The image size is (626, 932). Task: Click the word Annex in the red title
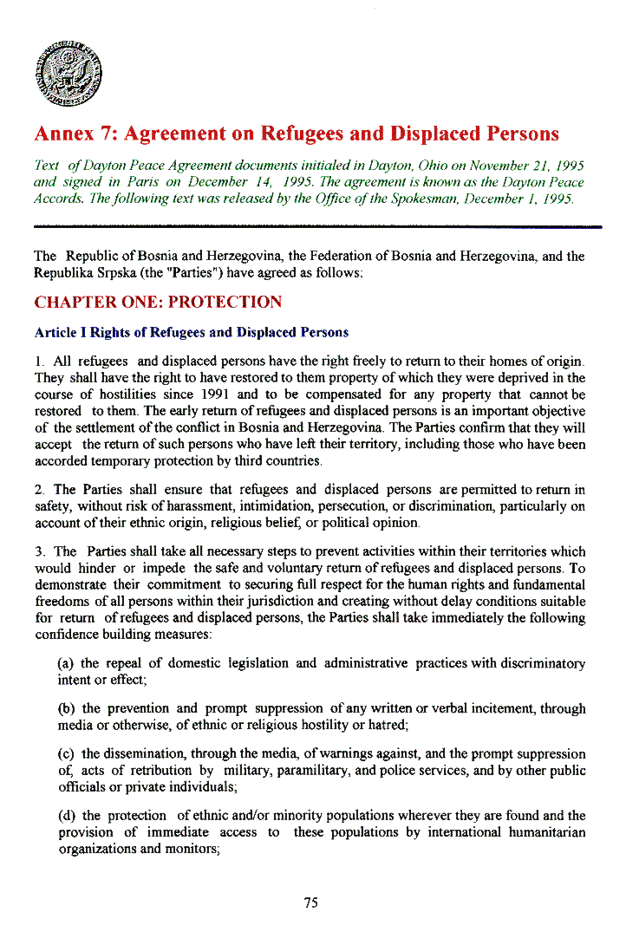[x=63, y=134]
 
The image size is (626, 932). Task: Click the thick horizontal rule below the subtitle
[x=317, y=226]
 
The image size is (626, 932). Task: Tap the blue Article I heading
[x=191, y=332]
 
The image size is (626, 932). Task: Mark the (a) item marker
[x=66, y=663]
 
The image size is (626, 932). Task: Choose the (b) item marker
[x=66, y=708]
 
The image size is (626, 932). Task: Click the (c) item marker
[x=66, y=753]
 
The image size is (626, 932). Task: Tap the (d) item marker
[x=66, y=815]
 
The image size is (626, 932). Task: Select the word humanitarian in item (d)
[x=547, y=832]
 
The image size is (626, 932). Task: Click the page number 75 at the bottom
[x=311, y=903]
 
